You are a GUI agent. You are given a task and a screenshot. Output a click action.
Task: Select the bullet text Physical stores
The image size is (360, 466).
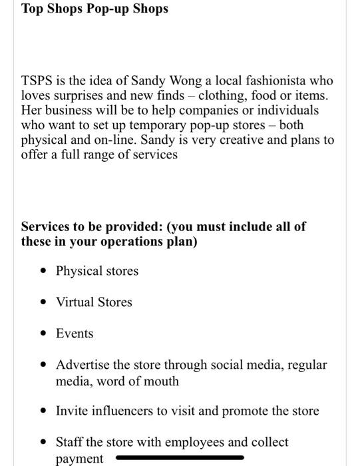pyautogui.click(x=97, y=271)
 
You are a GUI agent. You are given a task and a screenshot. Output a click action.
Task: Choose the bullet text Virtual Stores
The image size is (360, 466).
pyautogui.click(x=94, y=302)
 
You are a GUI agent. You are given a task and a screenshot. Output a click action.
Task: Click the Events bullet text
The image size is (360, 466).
pyautogui.click(x=75, y=334)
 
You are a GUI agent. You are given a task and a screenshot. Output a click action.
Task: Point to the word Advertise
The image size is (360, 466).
pyautogui.click(x=84, y=365)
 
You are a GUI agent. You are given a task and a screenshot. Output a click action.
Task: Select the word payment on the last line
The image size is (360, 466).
pyautogui.click(x=80, y=459)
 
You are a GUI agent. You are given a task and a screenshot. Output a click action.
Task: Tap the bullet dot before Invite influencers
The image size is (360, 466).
pyautogui.click(x=43, y=411)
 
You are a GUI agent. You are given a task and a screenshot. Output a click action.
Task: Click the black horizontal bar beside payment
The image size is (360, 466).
pyautogui.click(x=180, y=457)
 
